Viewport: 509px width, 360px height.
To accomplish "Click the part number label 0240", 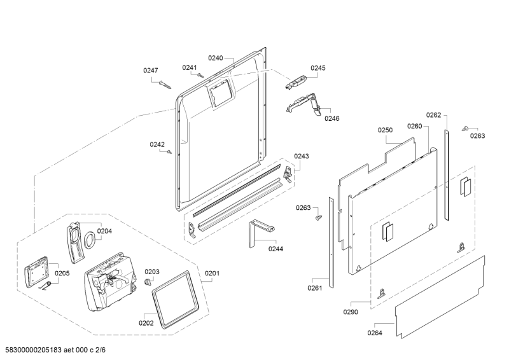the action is point(215,58).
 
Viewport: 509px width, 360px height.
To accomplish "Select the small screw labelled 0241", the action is point(200,75).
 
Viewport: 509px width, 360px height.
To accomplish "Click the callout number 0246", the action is point(331,118).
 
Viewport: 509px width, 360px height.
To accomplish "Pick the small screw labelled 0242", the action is point(169,152).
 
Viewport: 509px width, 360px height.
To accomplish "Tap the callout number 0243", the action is point(302,156).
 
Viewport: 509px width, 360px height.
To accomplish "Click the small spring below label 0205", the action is point(46,286).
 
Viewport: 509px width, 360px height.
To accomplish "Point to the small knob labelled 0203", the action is point(148,281).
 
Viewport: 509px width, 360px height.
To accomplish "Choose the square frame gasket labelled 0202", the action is point(175,299).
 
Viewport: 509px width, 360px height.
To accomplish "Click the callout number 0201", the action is point(212,273).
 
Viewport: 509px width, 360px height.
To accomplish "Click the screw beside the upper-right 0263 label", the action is point(464,128).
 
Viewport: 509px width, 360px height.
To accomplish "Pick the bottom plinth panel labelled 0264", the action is point(440,297).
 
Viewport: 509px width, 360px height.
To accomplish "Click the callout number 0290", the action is point(351,312).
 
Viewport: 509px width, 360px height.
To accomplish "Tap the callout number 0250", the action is point(385,130).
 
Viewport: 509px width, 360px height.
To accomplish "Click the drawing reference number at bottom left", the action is point(55,350).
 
